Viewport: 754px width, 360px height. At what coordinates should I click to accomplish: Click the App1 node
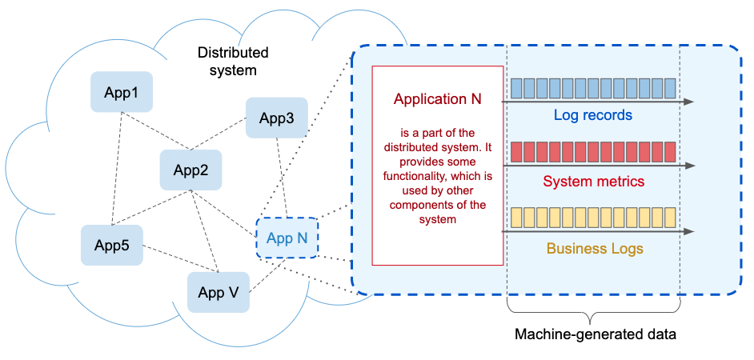click(x=122, y=92)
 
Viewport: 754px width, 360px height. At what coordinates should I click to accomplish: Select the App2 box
click(x=191, y=170)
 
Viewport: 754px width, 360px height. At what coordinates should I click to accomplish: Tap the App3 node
click(x=276, y=118)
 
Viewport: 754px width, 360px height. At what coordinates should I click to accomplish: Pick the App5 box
click(x=111, y=245)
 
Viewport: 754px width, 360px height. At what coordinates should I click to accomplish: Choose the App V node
click(x=218, y=292)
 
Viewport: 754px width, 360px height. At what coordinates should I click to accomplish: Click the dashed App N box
click(x=287, y=238)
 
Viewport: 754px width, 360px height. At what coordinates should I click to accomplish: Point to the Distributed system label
click(x=233, y=61)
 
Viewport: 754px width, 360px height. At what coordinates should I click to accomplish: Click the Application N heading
click(x=437, y=99)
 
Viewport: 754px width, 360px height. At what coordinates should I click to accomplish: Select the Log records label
click(x=592, y=115)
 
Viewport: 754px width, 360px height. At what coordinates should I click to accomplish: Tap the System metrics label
click(x=593, y=182)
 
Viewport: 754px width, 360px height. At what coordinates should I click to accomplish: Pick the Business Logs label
click(x=595, y=249)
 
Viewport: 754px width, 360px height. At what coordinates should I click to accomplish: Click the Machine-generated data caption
click(x=595, y=334)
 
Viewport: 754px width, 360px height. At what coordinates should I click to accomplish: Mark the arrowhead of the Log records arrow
click(x=689, y=102)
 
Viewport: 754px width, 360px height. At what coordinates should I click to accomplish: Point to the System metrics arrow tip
click(x=689, y=166)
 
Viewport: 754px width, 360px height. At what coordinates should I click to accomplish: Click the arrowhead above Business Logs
click(x=689, y=231)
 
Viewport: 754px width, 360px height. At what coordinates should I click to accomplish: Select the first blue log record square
click(x=516, y=86)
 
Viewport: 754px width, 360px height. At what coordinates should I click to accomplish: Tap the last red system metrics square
click(x=670, y=151)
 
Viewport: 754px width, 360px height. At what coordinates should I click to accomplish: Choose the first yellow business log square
click(x=516, y=216)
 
